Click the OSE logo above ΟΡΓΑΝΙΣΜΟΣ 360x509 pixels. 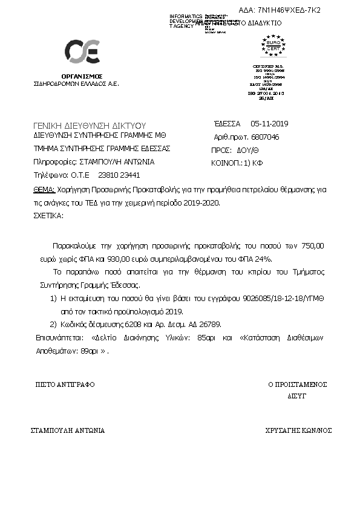(x=82, y=52)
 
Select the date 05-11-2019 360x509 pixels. (x=269, y=124)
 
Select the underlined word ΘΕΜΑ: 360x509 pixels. (x=44, y=189)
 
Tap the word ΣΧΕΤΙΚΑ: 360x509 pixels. (x=48, y=215)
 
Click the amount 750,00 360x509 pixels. (x=313, y=247)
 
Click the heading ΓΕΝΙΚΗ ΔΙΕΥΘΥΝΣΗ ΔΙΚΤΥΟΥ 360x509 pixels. (x=90, y=125)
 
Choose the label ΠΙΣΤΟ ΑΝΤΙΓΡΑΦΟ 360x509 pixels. (x=65, y=384)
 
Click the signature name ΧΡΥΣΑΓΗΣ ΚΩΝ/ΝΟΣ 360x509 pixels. (x=299, y=431)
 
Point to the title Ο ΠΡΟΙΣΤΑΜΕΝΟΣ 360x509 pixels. (x=298, y=384)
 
